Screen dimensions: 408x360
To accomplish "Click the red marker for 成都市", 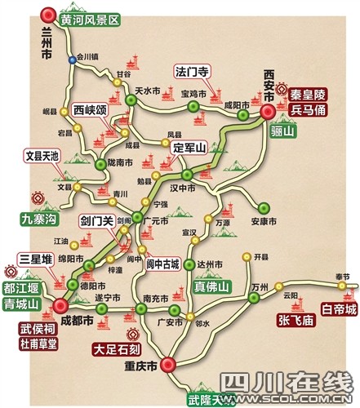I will pos(60,305).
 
